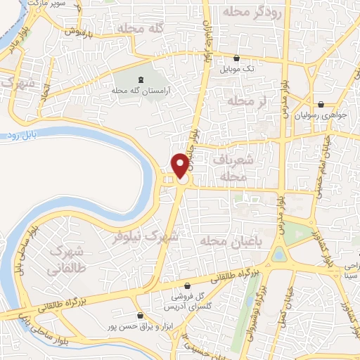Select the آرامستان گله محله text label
coord(141,91)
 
